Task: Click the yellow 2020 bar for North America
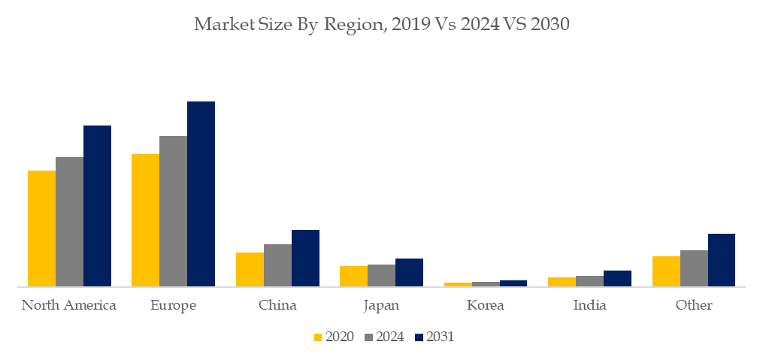coord(41,228)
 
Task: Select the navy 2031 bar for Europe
coord(201,194)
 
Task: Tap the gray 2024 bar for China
coord(277,265)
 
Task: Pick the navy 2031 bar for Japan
coord(409,272)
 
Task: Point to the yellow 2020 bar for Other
coord(666,271)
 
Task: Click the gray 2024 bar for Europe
coord(173,211)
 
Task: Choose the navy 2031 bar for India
coord(617,278)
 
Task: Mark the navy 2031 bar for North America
coord(97,206)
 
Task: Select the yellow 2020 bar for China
coord(250,269)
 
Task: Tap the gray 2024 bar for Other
coord(694,268)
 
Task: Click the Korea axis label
coord(485,305)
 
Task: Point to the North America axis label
coord(69,305)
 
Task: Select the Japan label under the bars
coord(381,306)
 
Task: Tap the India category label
coord(589,305)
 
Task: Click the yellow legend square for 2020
coord(318,337)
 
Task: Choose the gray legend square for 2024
coord(368,337)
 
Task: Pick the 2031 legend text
coord(440,337)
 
